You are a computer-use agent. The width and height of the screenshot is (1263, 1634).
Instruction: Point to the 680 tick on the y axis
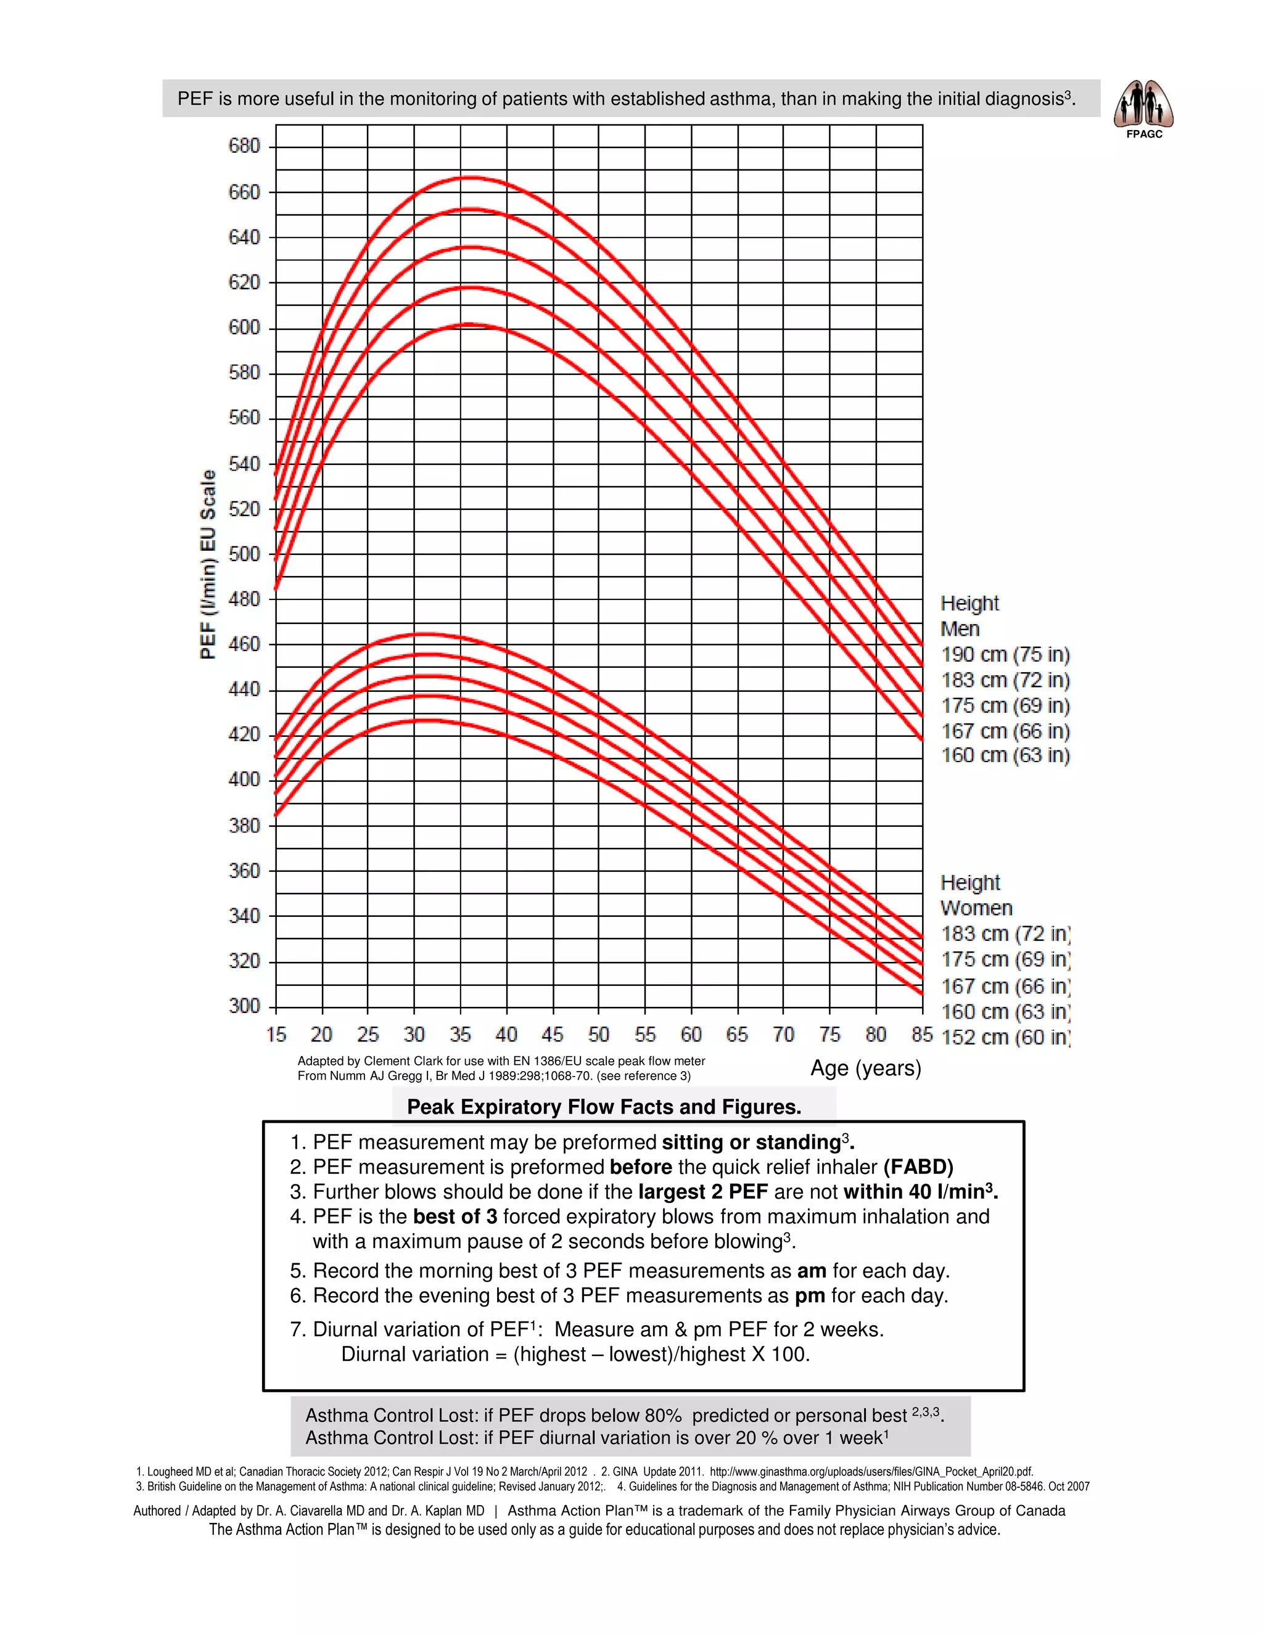[244, 146]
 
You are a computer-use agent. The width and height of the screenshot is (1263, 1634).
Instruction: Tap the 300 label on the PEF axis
[244, 1006]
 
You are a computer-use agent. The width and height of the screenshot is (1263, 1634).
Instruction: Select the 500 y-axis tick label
[244, 554]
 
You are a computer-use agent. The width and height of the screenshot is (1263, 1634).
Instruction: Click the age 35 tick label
[460, 1035]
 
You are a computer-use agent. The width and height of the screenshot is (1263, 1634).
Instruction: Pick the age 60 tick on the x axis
[691, 1035]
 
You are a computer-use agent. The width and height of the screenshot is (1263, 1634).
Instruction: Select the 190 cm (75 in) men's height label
[1005, 655]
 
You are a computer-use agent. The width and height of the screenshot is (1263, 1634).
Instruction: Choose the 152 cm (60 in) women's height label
[1005, 1038]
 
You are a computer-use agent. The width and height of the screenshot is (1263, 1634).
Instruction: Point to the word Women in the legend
[976, 908]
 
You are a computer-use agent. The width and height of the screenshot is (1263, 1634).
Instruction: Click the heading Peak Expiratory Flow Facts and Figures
[604, 1107]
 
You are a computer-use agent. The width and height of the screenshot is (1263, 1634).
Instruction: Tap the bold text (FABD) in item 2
[918, 1167]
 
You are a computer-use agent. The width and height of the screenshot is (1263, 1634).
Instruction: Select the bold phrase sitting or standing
[751, 1143]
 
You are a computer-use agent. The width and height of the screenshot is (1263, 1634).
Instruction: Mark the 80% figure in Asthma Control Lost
[662, 1416]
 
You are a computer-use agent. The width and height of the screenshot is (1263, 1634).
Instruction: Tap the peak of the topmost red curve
[471, 178]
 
